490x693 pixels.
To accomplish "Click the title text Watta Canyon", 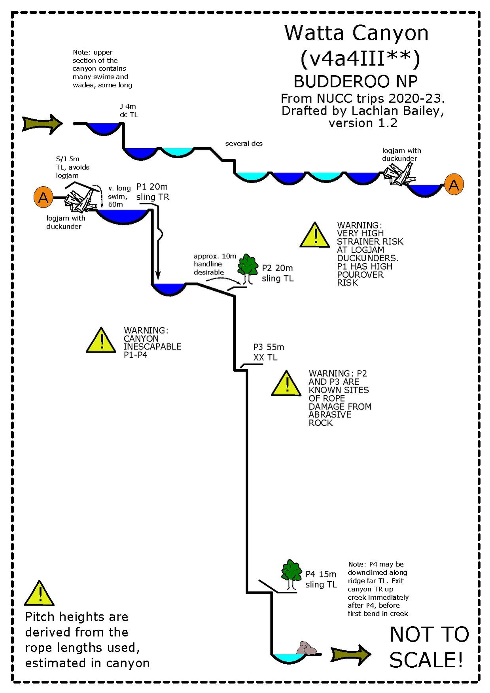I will [356, 33].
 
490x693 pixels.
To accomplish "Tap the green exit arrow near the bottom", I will [350, 655].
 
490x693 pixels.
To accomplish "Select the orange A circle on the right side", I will [454, 185].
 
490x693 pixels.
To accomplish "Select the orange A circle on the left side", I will [44, 197].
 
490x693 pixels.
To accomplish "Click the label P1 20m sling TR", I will [153, 192].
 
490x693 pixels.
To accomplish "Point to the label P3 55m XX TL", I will [268, 352].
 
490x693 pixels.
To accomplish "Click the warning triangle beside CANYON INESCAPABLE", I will [101, 341].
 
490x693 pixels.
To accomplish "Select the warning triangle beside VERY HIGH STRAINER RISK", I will [315, 236].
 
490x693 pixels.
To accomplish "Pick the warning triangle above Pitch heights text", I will [39, 594].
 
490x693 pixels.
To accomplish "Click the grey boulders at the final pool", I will [307, 649].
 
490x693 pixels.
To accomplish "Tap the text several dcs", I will [244, 144].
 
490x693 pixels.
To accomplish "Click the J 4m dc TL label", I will [129, 111].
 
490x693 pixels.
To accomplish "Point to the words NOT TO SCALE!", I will [429, 647].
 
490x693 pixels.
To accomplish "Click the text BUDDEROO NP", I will [356, 81].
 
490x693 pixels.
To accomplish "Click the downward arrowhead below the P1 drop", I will [158, 276].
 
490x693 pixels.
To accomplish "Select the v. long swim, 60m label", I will [119, 196].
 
